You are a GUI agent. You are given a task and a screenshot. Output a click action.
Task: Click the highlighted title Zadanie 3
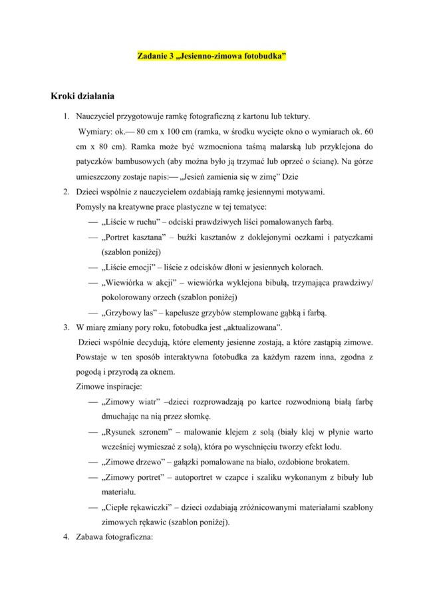pyautogui.click(x=211, y=58)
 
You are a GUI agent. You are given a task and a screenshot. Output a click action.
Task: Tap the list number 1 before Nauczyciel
pyautogui.click(x=67, y=116)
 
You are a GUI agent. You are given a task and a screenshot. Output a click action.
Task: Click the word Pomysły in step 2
pyautogui.click(x=92, y=207)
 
